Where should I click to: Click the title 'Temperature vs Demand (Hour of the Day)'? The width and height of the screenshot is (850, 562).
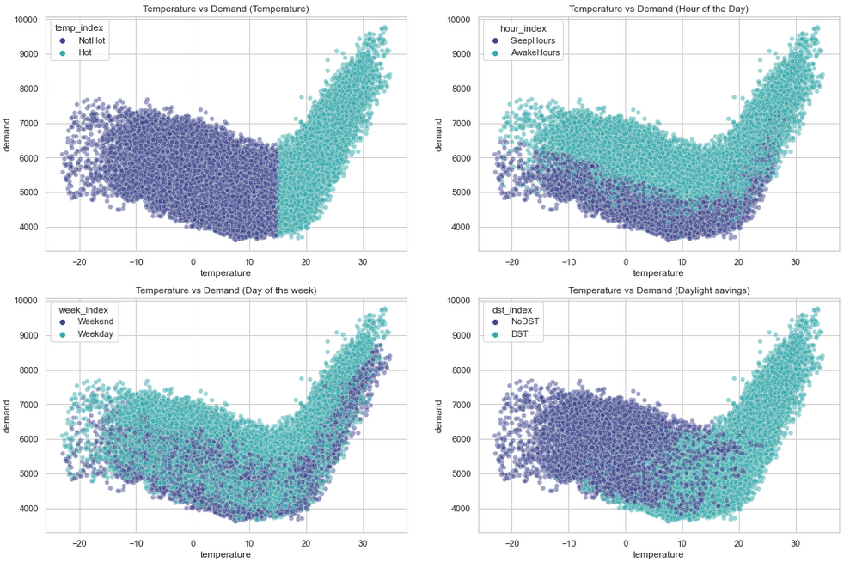click(658, 9)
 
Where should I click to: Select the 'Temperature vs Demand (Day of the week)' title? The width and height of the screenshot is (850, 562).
click(225, 290)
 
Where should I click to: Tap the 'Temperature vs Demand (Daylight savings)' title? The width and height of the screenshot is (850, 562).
click(658, 290)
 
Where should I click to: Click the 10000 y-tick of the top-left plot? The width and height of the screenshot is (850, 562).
click(24, 19)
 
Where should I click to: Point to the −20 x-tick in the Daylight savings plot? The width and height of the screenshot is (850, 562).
click(511, 543)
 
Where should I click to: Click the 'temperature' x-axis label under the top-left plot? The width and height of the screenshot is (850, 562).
click(225, 273)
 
